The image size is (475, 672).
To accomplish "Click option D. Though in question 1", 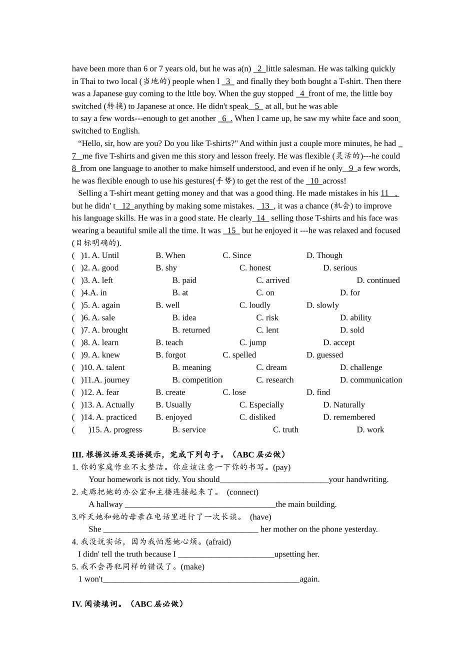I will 324,255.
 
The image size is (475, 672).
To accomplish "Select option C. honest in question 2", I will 255,268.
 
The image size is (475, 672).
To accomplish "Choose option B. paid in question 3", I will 184,280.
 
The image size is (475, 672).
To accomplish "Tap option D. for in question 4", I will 349,293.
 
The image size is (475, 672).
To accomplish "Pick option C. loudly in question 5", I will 254,305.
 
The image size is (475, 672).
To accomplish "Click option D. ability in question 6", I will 355,318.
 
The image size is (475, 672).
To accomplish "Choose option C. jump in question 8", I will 252,343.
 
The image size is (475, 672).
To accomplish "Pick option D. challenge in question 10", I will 361,367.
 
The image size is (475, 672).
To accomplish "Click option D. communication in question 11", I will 371,380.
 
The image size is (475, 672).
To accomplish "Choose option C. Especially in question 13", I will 261,405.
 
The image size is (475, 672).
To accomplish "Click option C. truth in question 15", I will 285,430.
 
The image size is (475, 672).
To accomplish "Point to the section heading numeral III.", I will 77,455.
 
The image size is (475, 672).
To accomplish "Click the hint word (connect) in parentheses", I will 242,492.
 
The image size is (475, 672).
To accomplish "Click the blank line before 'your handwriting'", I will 274,480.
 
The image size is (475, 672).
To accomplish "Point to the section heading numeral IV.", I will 77,604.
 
